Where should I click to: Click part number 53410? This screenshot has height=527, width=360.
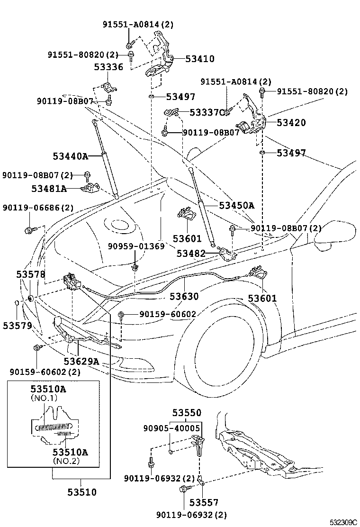click(x=199, y=59)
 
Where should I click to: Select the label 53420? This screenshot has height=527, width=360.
click(x=291, y=123)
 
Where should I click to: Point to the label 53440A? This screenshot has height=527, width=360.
click(x=71, y=155)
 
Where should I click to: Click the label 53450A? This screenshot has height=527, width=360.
click(x=236, y=205)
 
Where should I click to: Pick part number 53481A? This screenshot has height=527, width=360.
click(x=49, y=189)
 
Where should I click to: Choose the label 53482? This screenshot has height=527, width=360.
click(x=191, y=254)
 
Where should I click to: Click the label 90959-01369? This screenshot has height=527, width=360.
click(x=136, y=246)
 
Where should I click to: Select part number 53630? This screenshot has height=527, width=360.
click(x=184, y=296)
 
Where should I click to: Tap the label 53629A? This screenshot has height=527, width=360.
click(x=81, y=362)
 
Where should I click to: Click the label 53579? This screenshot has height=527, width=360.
click(x=17, y=326)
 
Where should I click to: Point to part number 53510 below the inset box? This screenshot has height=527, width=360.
click(x=81, y=492)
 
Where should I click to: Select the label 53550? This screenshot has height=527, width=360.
click(x=186, y=412)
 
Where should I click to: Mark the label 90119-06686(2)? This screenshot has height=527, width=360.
click(x=38, y=208)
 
